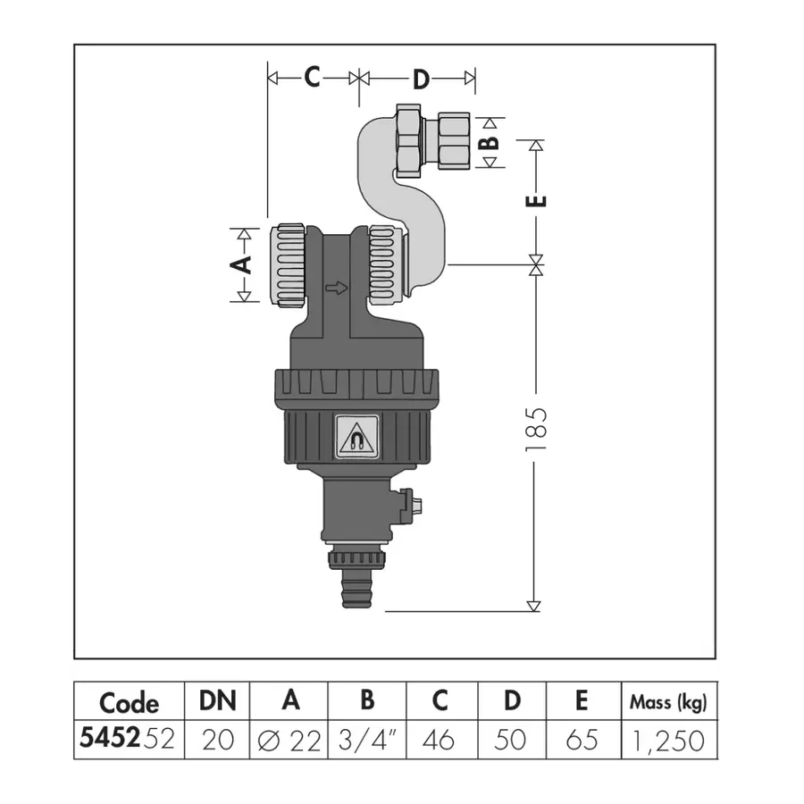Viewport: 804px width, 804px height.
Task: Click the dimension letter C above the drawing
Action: pyautogui.click(x=313, y=77)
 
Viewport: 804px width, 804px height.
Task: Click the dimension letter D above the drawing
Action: pyautogui.click(x=421, y=80)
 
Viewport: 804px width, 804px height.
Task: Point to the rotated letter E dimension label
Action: pyautogui.click(x=536, y=200)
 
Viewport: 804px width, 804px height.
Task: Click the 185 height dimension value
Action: pyautogui.click(x=536, y=430)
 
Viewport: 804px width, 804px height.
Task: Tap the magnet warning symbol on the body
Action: pyautogui.click(x=356, y=436)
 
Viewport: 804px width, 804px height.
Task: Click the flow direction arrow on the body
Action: pyautogui.click(x=337, y=288)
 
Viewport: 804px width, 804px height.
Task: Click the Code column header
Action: pyautogui.click(x=129, y=702)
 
